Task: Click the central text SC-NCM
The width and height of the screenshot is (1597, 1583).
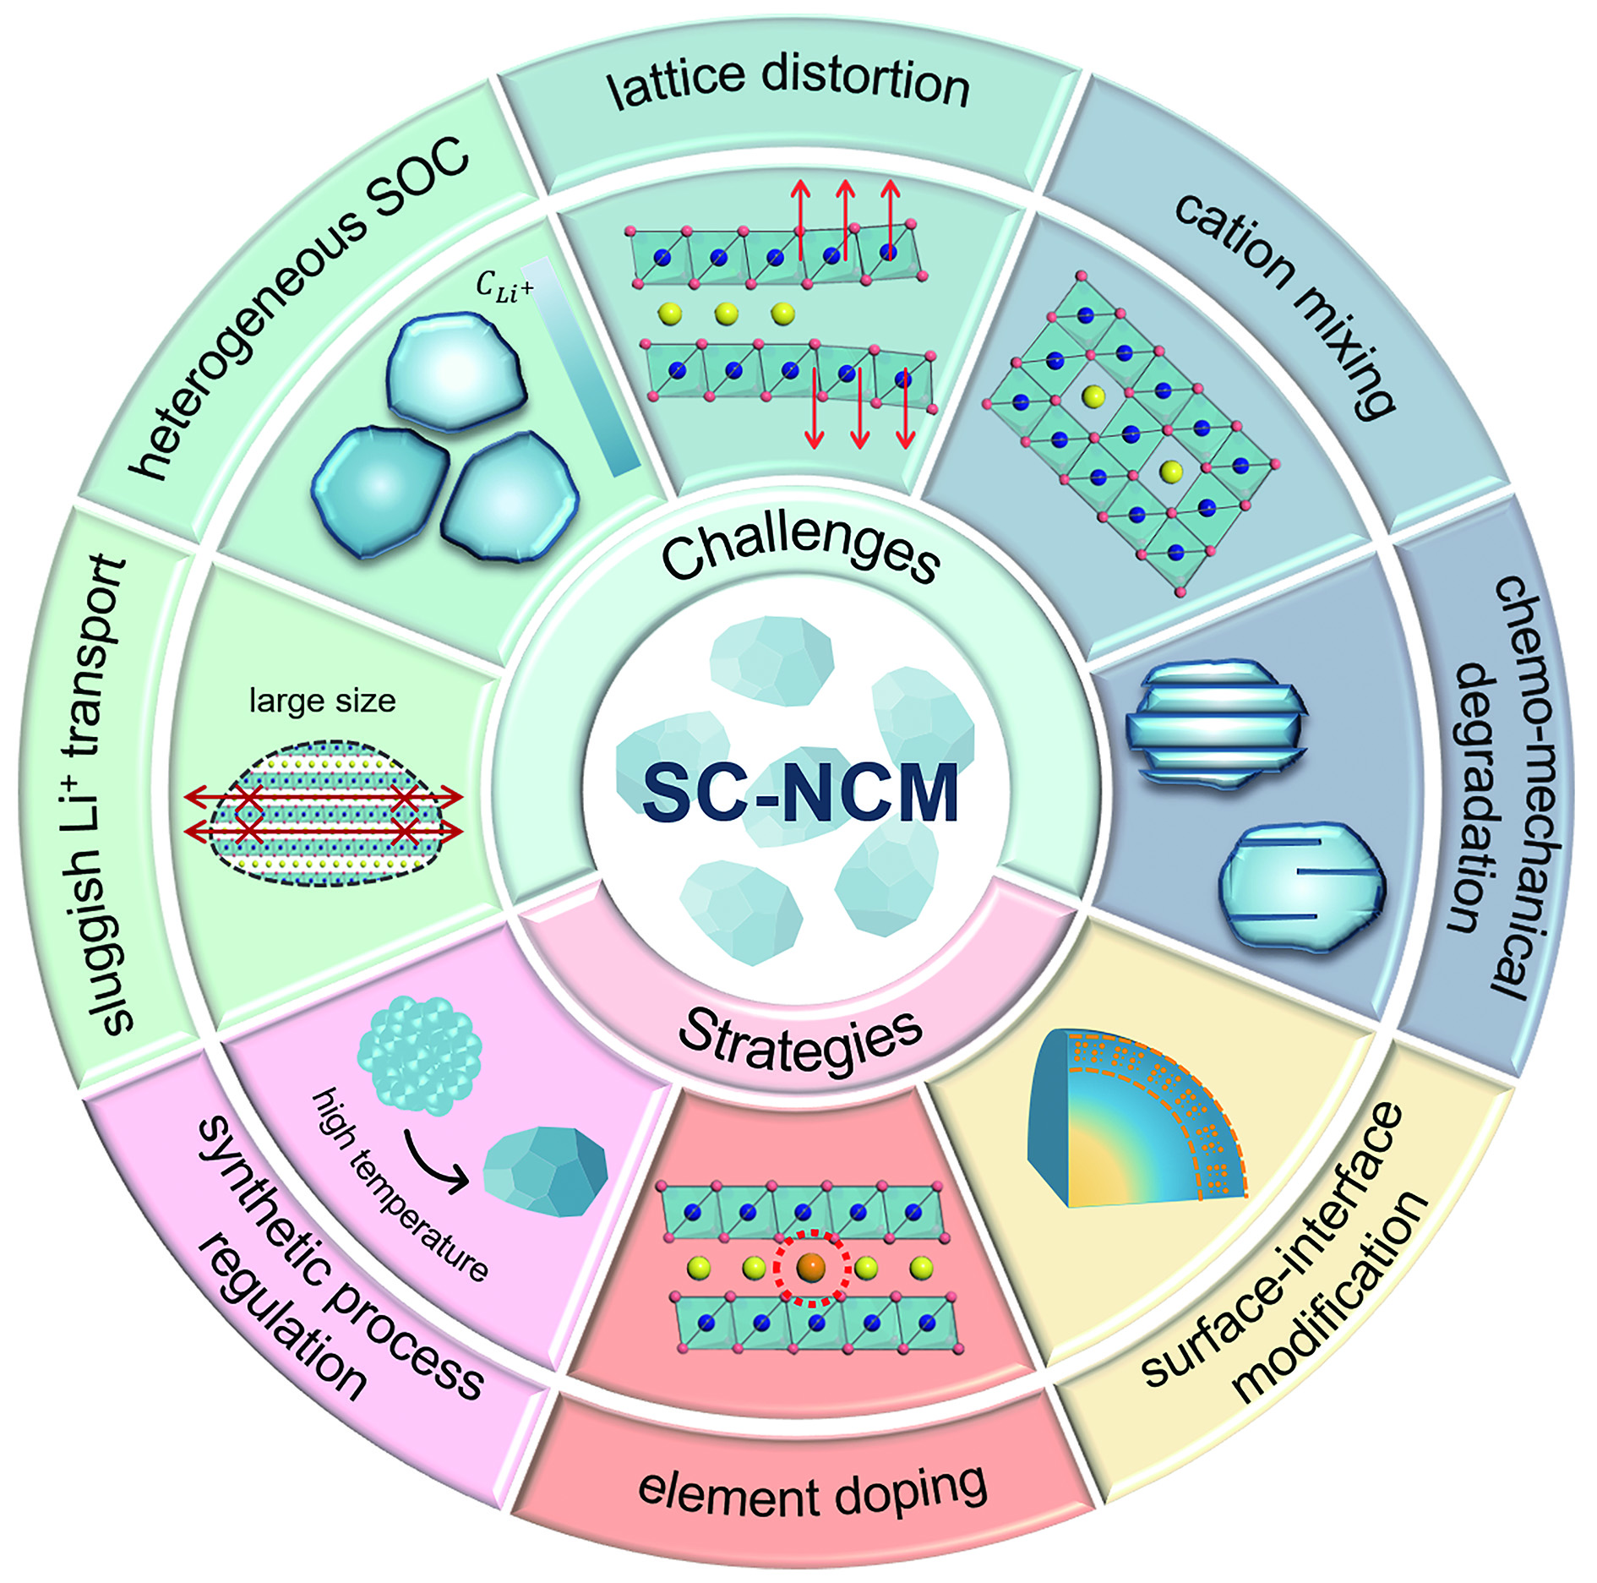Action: pos(799,793)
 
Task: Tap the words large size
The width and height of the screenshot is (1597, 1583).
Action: pos(322,701)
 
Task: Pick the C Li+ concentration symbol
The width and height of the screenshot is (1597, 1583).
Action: pos(504,286)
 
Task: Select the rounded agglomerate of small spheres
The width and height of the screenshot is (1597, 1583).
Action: pos(420,1054)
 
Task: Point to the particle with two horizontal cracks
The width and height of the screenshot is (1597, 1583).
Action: pos(1301,887)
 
